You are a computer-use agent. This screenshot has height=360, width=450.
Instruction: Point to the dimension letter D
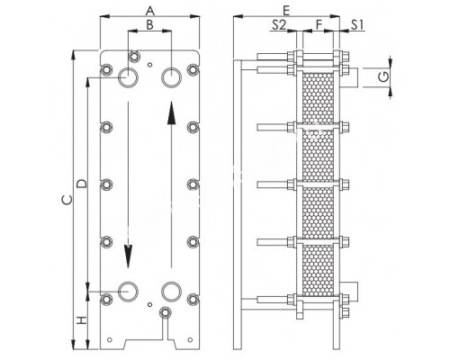point(80,184)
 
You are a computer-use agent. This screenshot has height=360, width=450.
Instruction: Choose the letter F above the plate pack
point(317,24)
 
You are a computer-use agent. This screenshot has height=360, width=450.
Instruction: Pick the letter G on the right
point(385,77)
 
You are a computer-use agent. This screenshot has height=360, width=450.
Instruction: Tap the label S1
point(357,24)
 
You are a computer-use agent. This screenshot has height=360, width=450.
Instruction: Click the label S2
point(279,24)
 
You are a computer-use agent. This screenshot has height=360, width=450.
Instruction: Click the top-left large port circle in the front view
point(129,78)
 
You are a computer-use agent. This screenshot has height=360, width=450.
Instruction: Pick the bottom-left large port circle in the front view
point(129,292)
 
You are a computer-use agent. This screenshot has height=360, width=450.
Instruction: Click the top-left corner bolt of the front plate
point(107,70)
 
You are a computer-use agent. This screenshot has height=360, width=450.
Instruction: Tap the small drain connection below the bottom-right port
point(164,313)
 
